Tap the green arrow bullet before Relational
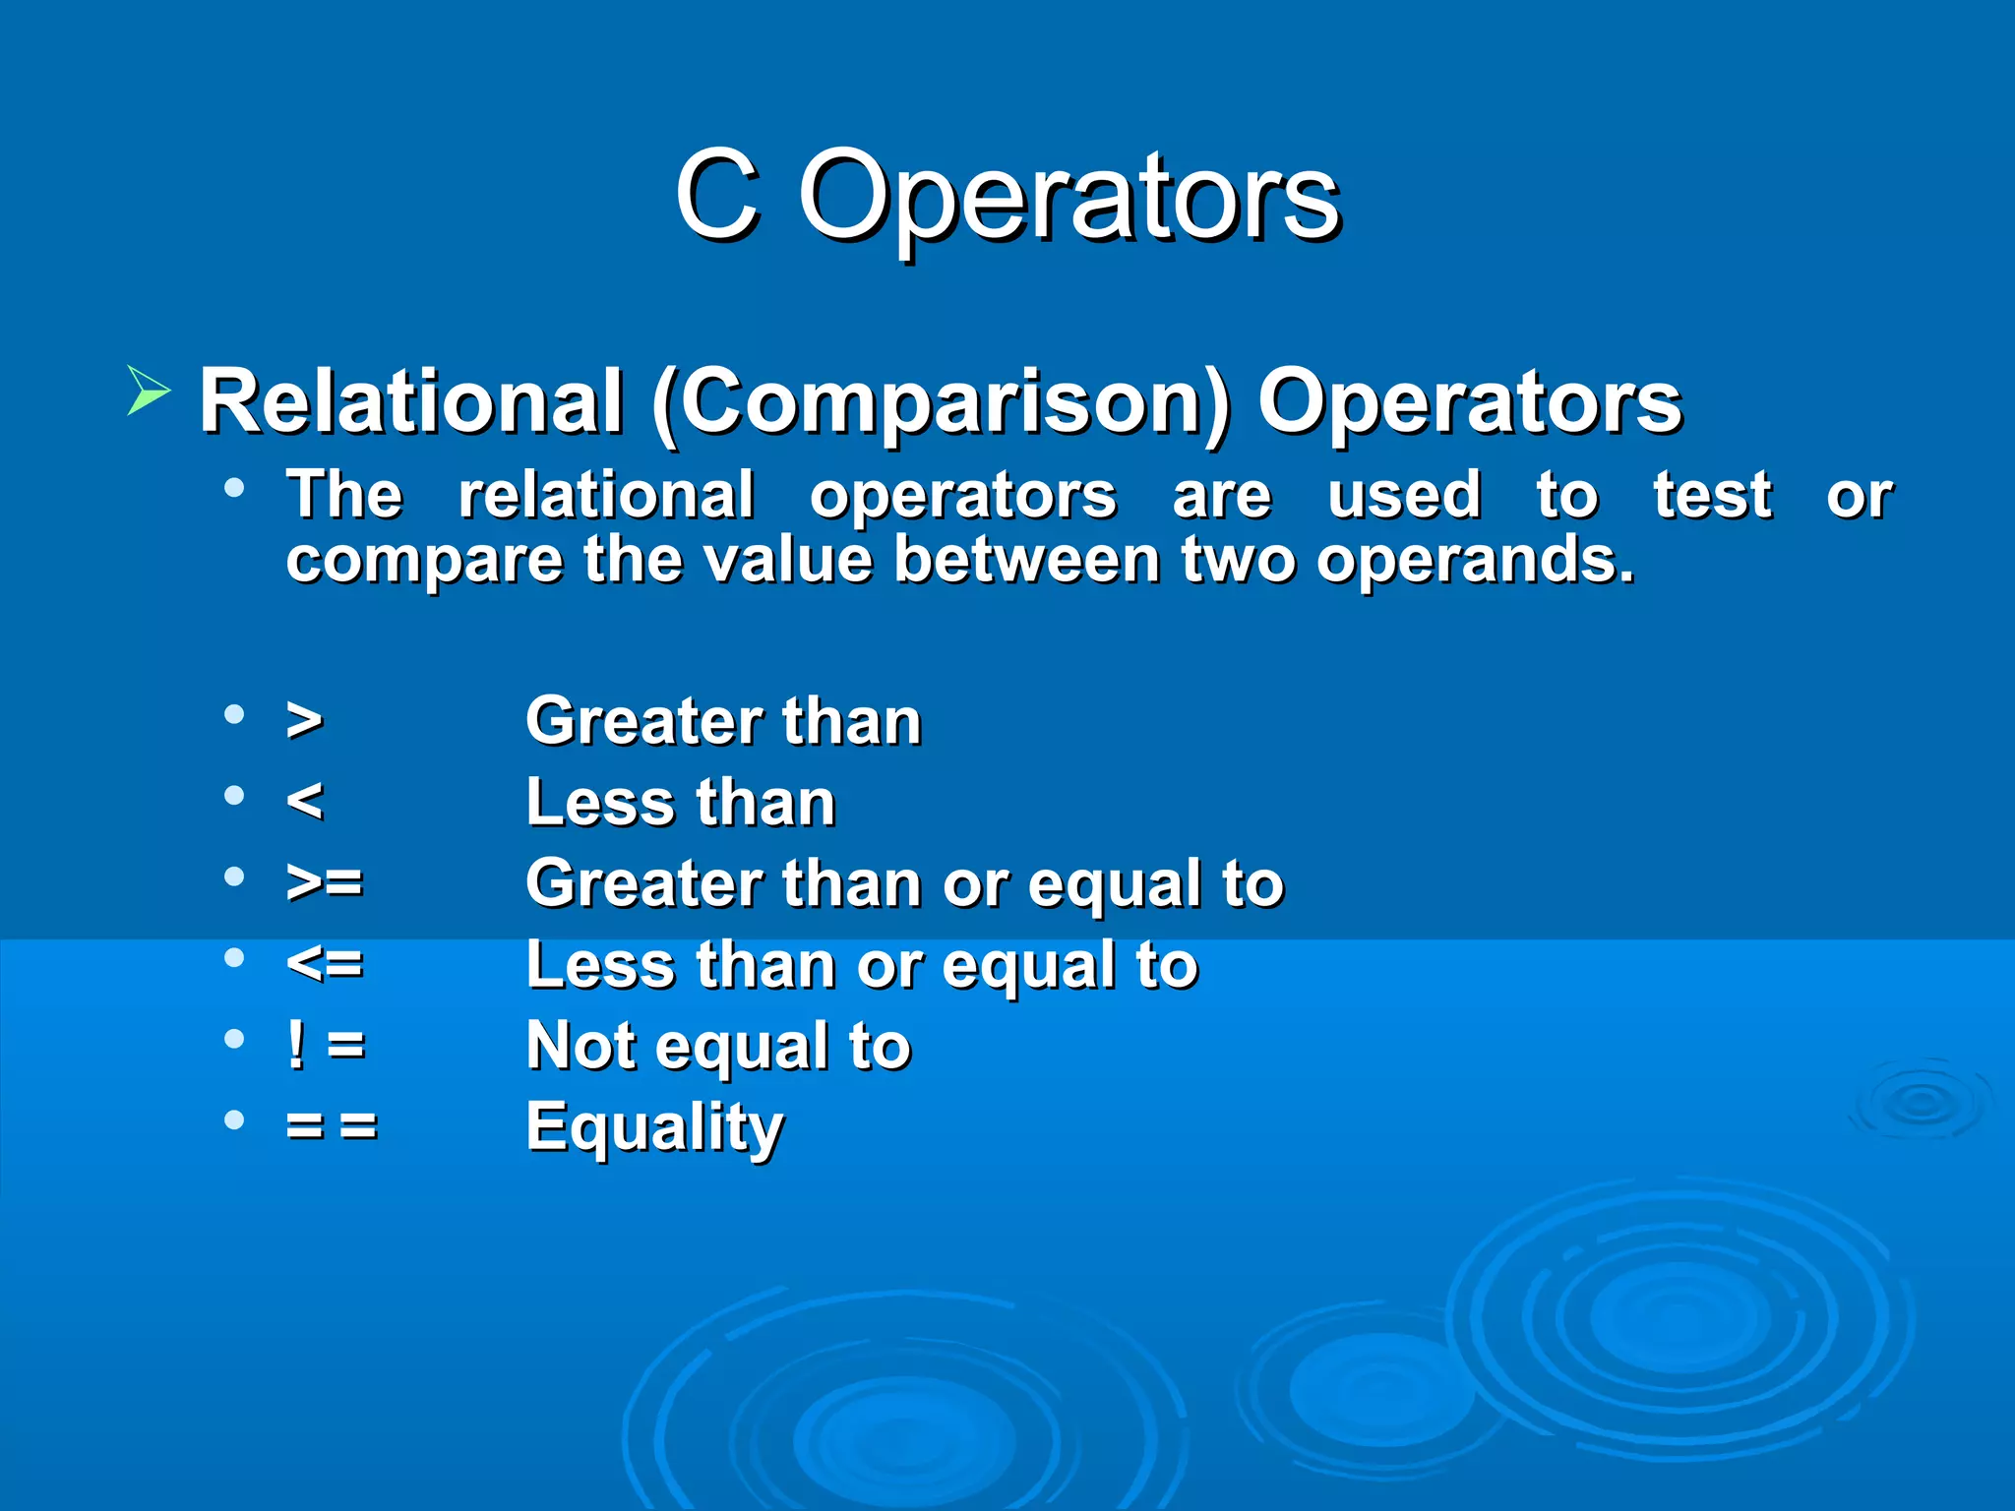[149, 391]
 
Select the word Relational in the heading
[411, 401]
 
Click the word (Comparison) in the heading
[940, 401]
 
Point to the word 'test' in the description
[1712, 495]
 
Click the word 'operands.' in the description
[1476, 561]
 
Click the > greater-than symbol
[304, 720]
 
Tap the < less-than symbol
[304, 801]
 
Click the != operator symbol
[326, 1044]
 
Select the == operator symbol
[332, 1124]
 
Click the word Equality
[654, 1126]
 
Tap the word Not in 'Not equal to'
[580, 1045]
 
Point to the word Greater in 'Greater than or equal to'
[644, 882]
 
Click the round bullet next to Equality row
[234, 1119]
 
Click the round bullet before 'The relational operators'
[234, 488]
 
